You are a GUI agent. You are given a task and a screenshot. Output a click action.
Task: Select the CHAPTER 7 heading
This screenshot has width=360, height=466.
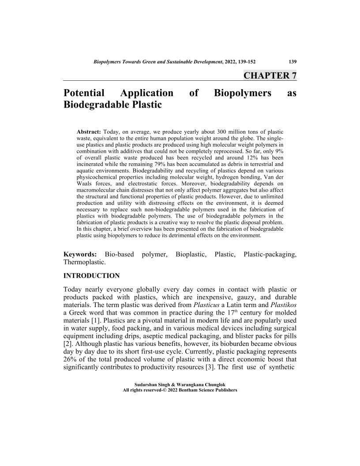point(270,75)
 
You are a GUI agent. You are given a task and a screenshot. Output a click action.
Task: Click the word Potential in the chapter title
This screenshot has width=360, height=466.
point(84,93)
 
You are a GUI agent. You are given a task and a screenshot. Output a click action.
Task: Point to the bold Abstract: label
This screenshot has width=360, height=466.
point(89,132)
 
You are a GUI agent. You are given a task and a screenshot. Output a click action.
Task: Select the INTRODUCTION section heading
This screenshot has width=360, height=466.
point(92,276)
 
